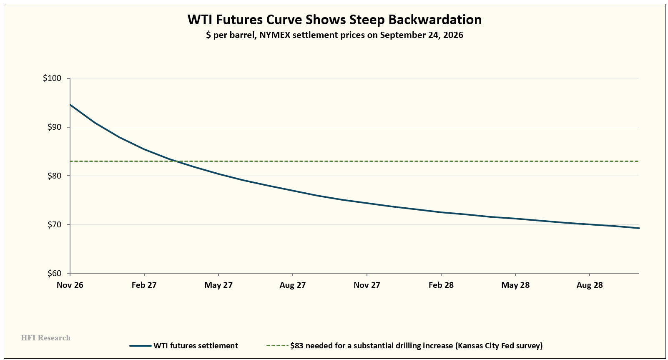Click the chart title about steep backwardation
point(334,20)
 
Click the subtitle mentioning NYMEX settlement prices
point(334,35)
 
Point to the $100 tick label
point(52,78)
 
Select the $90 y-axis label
point(54,127)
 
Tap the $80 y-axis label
point(54,176)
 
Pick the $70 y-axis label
point(54,224)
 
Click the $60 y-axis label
point(54,273)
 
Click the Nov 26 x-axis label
point(70,285)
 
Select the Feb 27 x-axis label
point(144,285)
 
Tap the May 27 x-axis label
point(218,285)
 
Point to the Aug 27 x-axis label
point(293,285)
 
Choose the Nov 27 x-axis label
point(367,285)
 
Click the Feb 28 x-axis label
point(441,285)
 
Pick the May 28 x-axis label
point(515,285)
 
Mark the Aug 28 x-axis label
point(590,285)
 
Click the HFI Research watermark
point(45,338)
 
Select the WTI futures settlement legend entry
point(184,346)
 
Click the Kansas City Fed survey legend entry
point(404,346)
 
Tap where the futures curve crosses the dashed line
point(176,161)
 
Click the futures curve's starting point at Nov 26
point(70,104)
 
